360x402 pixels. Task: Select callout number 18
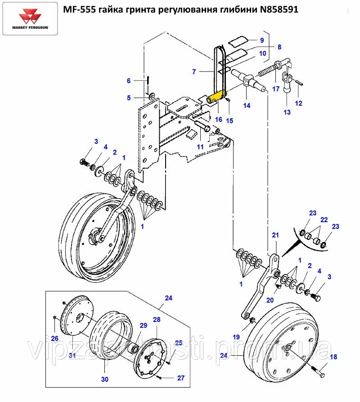[333, 357]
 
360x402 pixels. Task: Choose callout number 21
[275, 235]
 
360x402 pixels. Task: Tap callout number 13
[287, 112]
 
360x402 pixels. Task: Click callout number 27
[180, 378]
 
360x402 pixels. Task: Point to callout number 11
[200, 147]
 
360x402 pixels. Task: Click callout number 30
[104, 379]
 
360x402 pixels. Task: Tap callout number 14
[247, 106]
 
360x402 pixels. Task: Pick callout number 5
[128, 98]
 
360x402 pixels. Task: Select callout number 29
[143, 326]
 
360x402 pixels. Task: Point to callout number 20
[270, 300]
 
